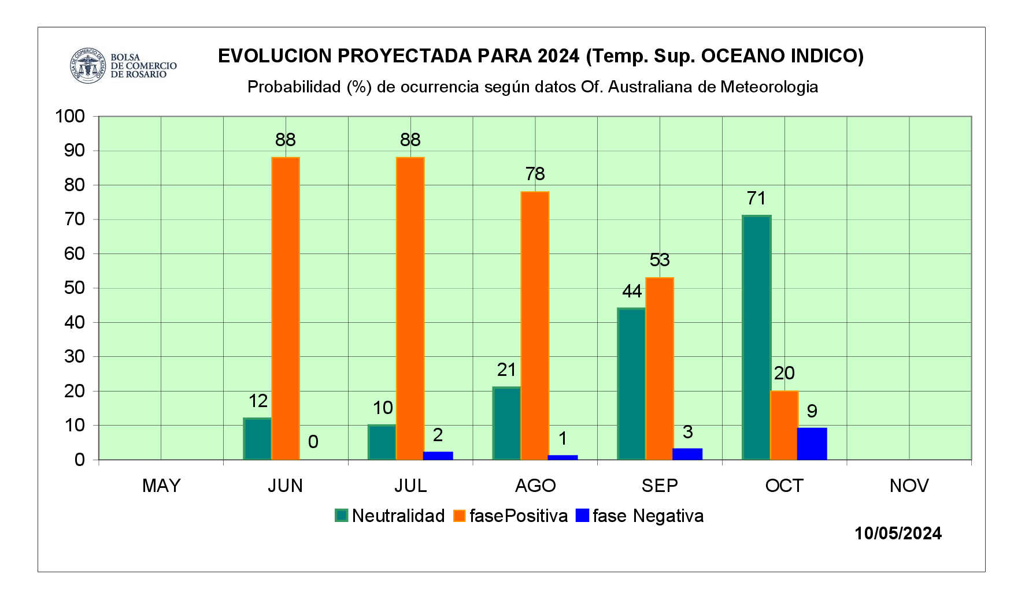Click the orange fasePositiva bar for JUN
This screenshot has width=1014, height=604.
[286, 308]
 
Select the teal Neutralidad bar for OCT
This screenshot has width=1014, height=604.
[756, 337]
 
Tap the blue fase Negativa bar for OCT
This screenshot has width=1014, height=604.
[812, 443]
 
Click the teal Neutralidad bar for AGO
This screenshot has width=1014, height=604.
[506, 423]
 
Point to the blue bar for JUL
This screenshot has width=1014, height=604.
[438, 456]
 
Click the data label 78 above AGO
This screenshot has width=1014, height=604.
[535, 174]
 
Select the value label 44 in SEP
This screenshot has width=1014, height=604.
[632, 291]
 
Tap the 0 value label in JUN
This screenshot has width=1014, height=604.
[313, 442]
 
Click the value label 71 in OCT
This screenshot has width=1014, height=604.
[756, 199]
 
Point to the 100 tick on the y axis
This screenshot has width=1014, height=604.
[70, 116]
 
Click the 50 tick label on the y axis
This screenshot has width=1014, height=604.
[75, 288]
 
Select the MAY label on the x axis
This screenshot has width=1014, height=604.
[161, 486]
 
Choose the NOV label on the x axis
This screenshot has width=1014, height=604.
[909, 486]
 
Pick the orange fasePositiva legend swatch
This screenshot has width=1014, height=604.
[460, 516]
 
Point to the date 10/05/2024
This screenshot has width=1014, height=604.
[898, 533]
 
